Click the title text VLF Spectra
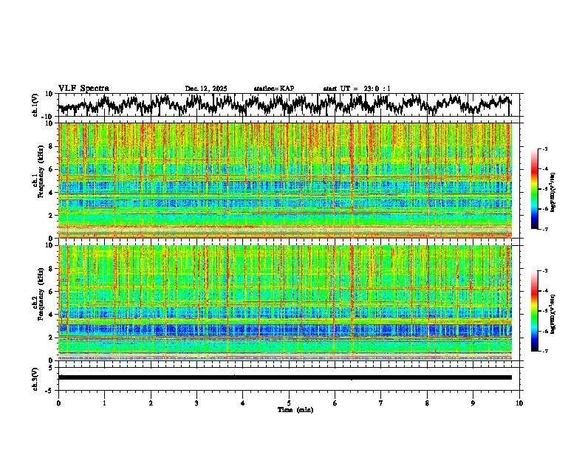click(83, 89)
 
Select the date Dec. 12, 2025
click(206, 89)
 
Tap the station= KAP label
click(274, 89)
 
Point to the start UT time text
click(357, 89)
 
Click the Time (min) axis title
click(289, 409)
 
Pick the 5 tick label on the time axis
click(289, 403)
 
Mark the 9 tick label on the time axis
click(473, 403)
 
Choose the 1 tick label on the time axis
click(105, 403)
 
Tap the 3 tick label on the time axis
click(196, 403)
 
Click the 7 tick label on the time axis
click(381, 403)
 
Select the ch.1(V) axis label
click(35, 105)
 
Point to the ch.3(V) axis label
click(35, 377)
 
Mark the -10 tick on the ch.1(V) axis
click(47, 117)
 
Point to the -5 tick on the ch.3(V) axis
click(49, 389)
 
